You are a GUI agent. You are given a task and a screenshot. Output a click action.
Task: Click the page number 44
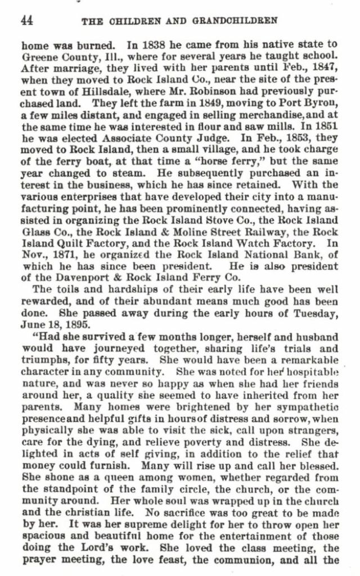click(x=26, y=21)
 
